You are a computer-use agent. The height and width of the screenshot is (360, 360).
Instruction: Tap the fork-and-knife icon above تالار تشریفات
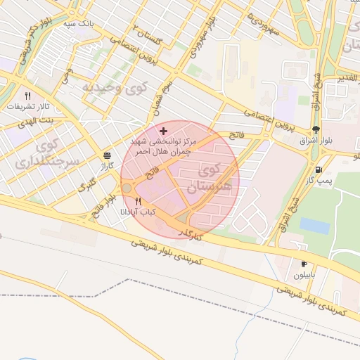[28, 96]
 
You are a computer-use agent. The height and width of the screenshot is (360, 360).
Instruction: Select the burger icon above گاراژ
[107, 155]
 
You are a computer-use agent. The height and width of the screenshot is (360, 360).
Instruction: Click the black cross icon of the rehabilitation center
[164, 131]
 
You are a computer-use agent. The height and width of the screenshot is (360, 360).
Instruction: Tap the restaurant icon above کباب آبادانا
[138, 201]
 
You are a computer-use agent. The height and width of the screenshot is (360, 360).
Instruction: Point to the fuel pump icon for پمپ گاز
[319, 169]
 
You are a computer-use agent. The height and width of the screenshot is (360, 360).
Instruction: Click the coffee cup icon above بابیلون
[304, 264]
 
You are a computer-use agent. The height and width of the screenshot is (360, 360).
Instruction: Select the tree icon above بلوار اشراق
[316, 129]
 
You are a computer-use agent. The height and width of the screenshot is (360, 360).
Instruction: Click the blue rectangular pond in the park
[314, 226]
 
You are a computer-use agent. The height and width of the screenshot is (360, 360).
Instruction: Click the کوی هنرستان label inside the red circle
[209, 178]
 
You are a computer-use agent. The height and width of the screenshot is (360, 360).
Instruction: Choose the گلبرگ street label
[86, 188]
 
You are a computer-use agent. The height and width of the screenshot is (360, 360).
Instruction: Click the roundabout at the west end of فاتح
[127, 188]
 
